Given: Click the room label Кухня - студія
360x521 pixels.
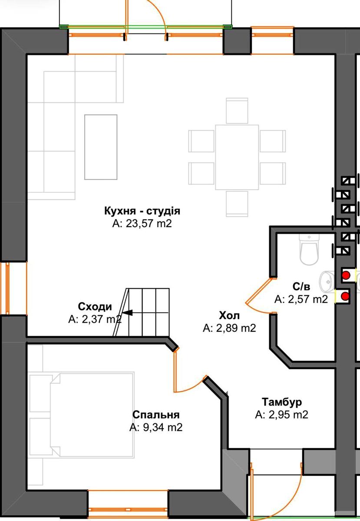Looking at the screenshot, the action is click(142, 211).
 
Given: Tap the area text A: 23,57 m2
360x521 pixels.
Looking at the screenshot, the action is click(142, 224).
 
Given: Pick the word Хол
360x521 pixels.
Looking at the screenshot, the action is click(229, 316).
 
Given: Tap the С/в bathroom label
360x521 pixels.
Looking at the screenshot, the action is click(301, 287).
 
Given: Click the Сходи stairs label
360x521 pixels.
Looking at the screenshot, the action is click(95, 307).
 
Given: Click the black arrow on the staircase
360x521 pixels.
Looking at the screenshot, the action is click(127, 313).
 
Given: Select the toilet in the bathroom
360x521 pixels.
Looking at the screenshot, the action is click(309, 250).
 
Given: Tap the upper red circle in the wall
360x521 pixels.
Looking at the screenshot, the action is click(346, 275).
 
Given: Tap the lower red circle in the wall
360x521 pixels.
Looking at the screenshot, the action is click(345, 296).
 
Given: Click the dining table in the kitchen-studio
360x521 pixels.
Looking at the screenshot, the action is click(237, 157).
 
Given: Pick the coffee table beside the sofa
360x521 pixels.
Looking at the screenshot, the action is click(101, 147).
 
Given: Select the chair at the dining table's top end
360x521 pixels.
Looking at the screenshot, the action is click(237, 111).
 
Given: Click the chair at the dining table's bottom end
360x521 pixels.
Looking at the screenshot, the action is click(237, 204).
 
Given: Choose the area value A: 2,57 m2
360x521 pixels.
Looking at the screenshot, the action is click(301, 299).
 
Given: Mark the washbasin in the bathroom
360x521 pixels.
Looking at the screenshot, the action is click(328, 282).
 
